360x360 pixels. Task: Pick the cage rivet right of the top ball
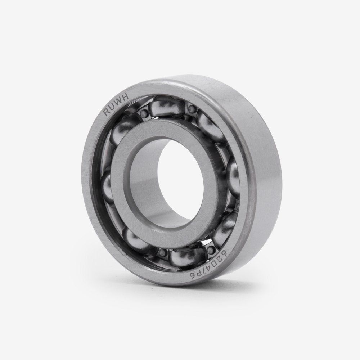[x=192, y=109]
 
